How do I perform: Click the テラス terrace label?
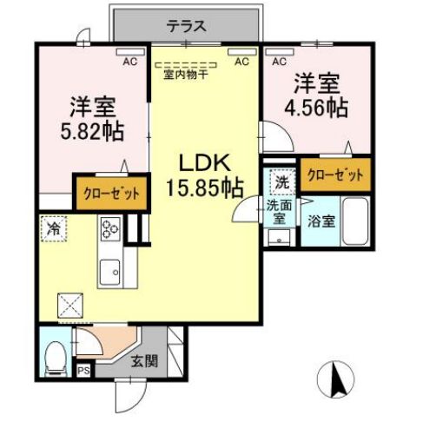pyautogui.click(x=187, y=25)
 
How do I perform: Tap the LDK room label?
pyautogui.click(x=204, y=163)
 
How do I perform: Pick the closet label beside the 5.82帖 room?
pyautogui.click(x=110, y=193)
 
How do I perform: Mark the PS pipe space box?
pyautogui.click(x=83, y=370)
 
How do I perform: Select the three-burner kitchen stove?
pyautogui.click(x=110, y=230)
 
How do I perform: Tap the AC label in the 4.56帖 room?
pyautogui.click(x=280, y=62)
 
